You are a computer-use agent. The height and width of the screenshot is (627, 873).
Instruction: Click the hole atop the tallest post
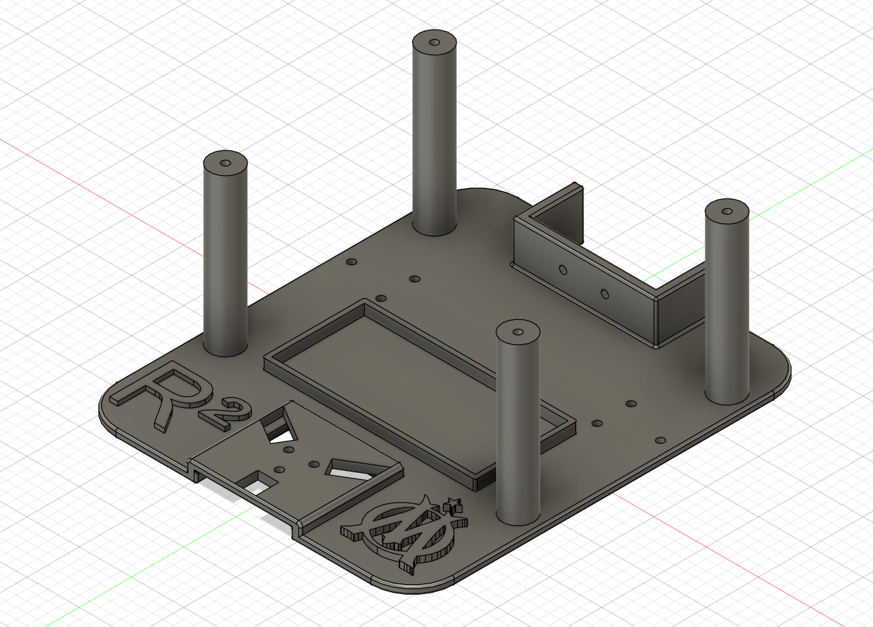coord(434,42)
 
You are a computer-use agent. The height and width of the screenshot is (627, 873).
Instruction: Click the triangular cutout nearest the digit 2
coord(279,427)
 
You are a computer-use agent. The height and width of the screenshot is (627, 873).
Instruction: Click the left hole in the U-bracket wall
coord(562,269)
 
